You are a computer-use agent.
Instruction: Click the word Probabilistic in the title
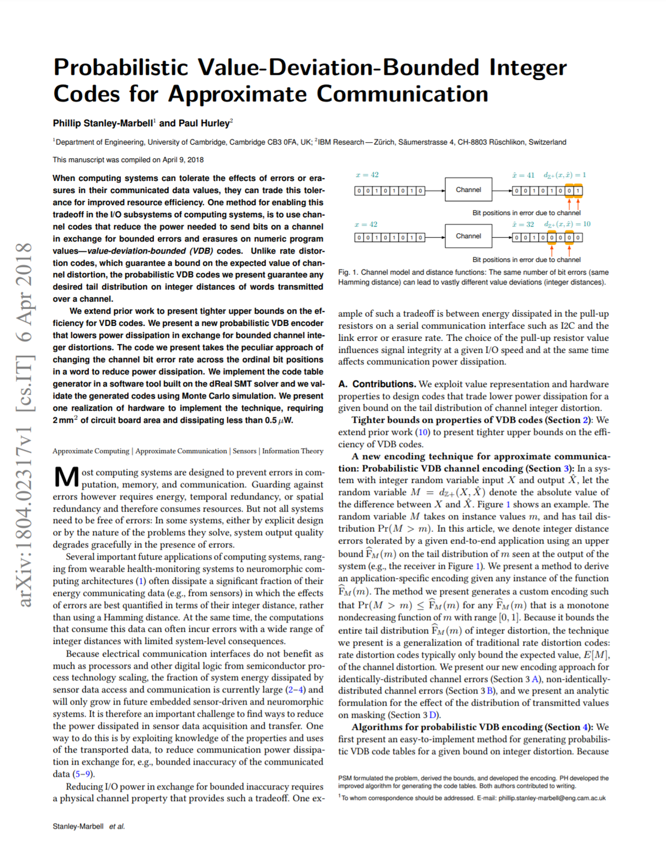point(120,68)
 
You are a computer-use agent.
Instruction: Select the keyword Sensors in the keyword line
point(244,451)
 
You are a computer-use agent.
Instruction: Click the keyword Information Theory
point(293,451)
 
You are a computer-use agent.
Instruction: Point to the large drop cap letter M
point(66,478)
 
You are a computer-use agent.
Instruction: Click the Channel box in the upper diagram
point(468,190)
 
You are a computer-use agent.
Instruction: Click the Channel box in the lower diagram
point(468,236)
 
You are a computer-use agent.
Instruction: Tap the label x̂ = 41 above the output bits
point(523,175)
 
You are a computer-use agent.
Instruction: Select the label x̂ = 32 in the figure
point(523,224)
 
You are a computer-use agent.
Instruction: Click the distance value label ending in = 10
point(567,224)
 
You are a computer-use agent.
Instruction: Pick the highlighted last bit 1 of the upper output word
point(578,191)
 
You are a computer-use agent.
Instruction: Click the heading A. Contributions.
point(377,384)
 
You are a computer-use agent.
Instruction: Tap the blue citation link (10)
point(423,432)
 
